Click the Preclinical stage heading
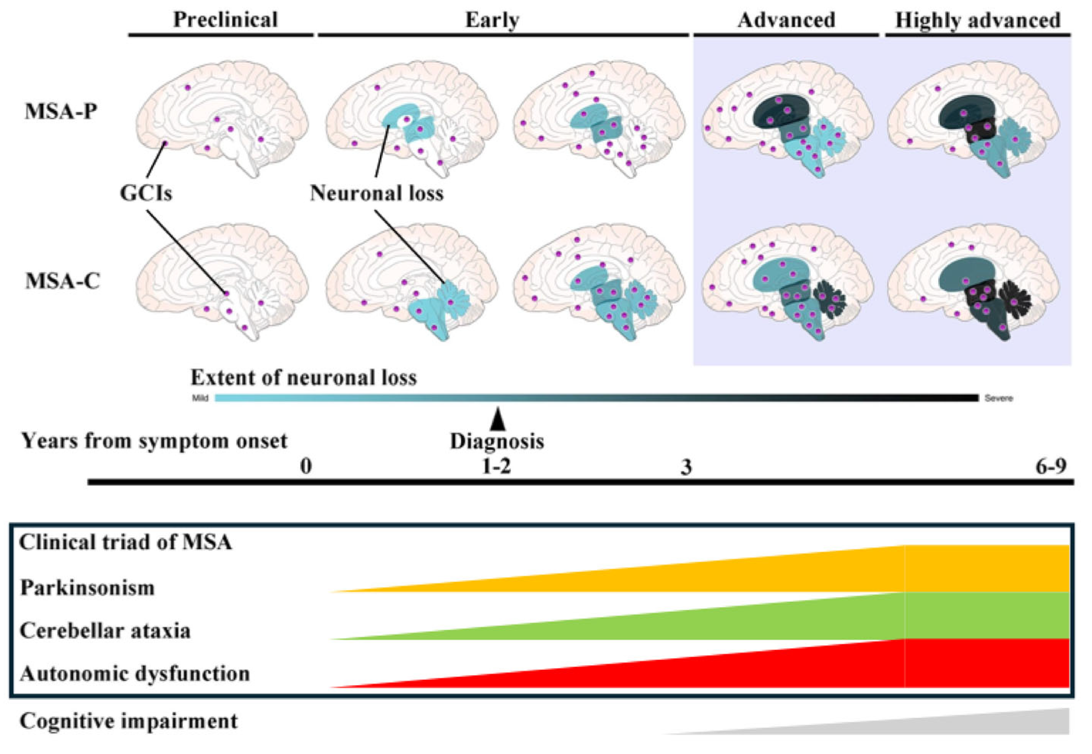[225, 20]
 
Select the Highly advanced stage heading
[978, 20]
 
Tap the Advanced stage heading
[786, 20]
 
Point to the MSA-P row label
[61, 111]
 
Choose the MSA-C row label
[62, 281]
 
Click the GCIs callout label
[146, 193]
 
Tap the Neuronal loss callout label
[377, 193]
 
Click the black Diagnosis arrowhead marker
[497, 420]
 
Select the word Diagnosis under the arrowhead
[497, 441]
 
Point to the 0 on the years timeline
[306, 466]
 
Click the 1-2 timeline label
[496, 466]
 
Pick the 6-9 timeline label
[1051, 466]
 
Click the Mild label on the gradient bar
[200, 398]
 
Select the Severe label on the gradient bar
[999, 398]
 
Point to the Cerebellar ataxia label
[105, 631]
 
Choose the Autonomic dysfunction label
[135, 674]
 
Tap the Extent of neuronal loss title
[304, 378]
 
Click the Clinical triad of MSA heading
[125, 542]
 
